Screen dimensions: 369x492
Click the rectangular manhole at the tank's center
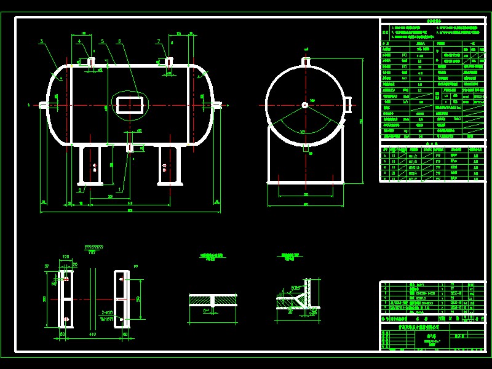(130, 103)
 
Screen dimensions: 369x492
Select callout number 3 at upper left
(41, 42)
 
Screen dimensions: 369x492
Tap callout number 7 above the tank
(158, 42)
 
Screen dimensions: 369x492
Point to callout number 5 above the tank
(102, 42)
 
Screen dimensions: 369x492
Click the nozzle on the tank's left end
(43, 105)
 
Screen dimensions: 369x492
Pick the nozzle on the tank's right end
(218, 105)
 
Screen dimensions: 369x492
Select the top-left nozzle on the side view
(91, 61)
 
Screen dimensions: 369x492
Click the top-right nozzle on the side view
(169, 61)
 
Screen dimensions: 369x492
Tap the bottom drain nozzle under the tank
(130, 148)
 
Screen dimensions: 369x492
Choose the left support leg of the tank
(90, 165)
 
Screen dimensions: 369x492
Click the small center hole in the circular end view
(304, 105)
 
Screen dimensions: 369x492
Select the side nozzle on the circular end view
(347, 105)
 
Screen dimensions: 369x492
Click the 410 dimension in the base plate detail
(92, 335)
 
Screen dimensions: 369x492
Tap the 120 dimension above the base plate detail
(66, 257)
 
